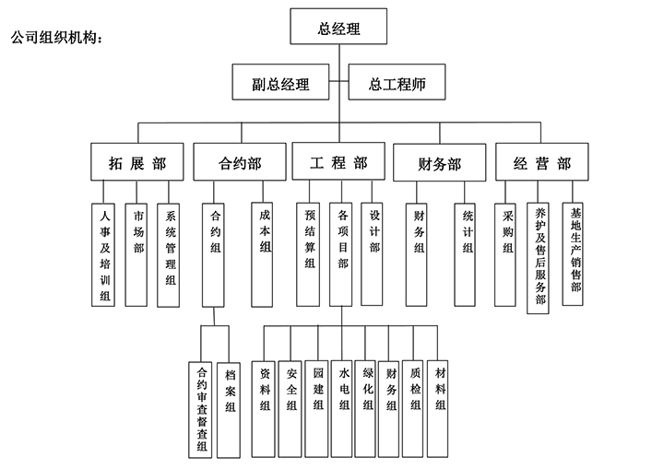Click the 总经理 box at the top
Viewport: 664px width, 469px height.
click(338, 28)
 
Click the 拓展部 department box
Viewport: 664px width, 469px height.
click(137, 163)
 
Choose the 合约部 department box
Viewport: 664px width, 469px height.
click(239, 163)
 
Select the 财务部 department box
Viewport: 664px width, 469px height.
click(439, 164)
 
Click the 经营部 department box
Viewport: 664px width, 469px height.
click(540, 163)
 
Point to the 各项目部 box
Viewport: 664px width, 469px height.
click(343, 253)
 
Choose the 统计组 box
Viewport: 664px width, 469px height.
click(468, 253)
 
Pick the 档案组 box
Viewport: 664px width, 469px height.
click(231, 405)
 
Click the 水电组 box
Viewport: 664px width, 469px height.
click(344, 392)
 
